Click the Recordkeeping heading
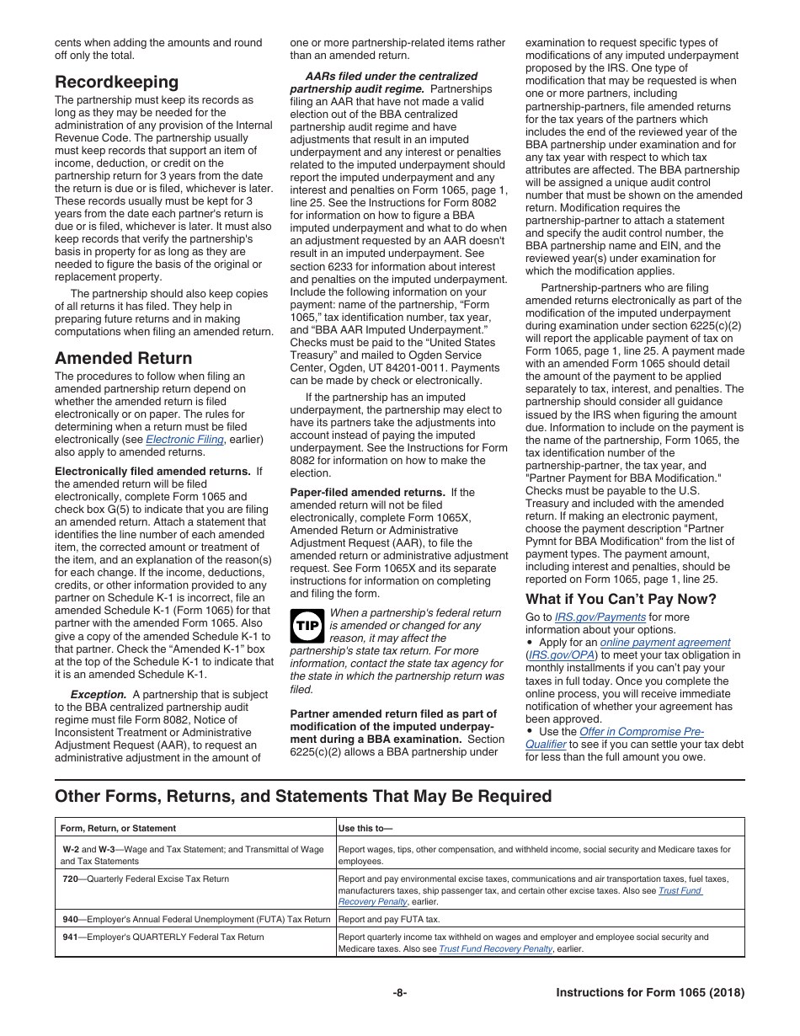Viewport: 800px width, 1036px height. (x=116, y=82)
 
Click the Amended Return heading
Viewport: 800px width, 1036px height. (x=123, y=358)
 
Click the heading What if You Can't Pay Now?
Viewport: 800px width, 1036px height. (x=621, y=600)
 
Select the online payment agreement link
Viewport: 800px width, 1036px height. (x=664, y=643)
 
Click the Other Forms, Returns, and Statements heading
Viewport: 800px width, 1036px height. (x=303, y=796)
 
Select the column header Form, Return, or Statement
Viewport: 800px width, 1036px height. (x=118, y=829)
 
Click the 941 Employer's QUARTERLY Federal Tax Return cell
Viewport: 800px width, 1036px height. (x=163, y=937)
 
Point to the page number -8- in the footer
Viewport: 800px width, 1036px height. (x=400, y=993)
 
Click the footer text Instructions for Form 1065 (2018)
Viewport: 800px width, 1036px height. (x=650, y=993)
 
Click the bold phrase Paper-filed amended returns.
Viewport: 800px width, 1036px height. (x=367, y=493)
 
